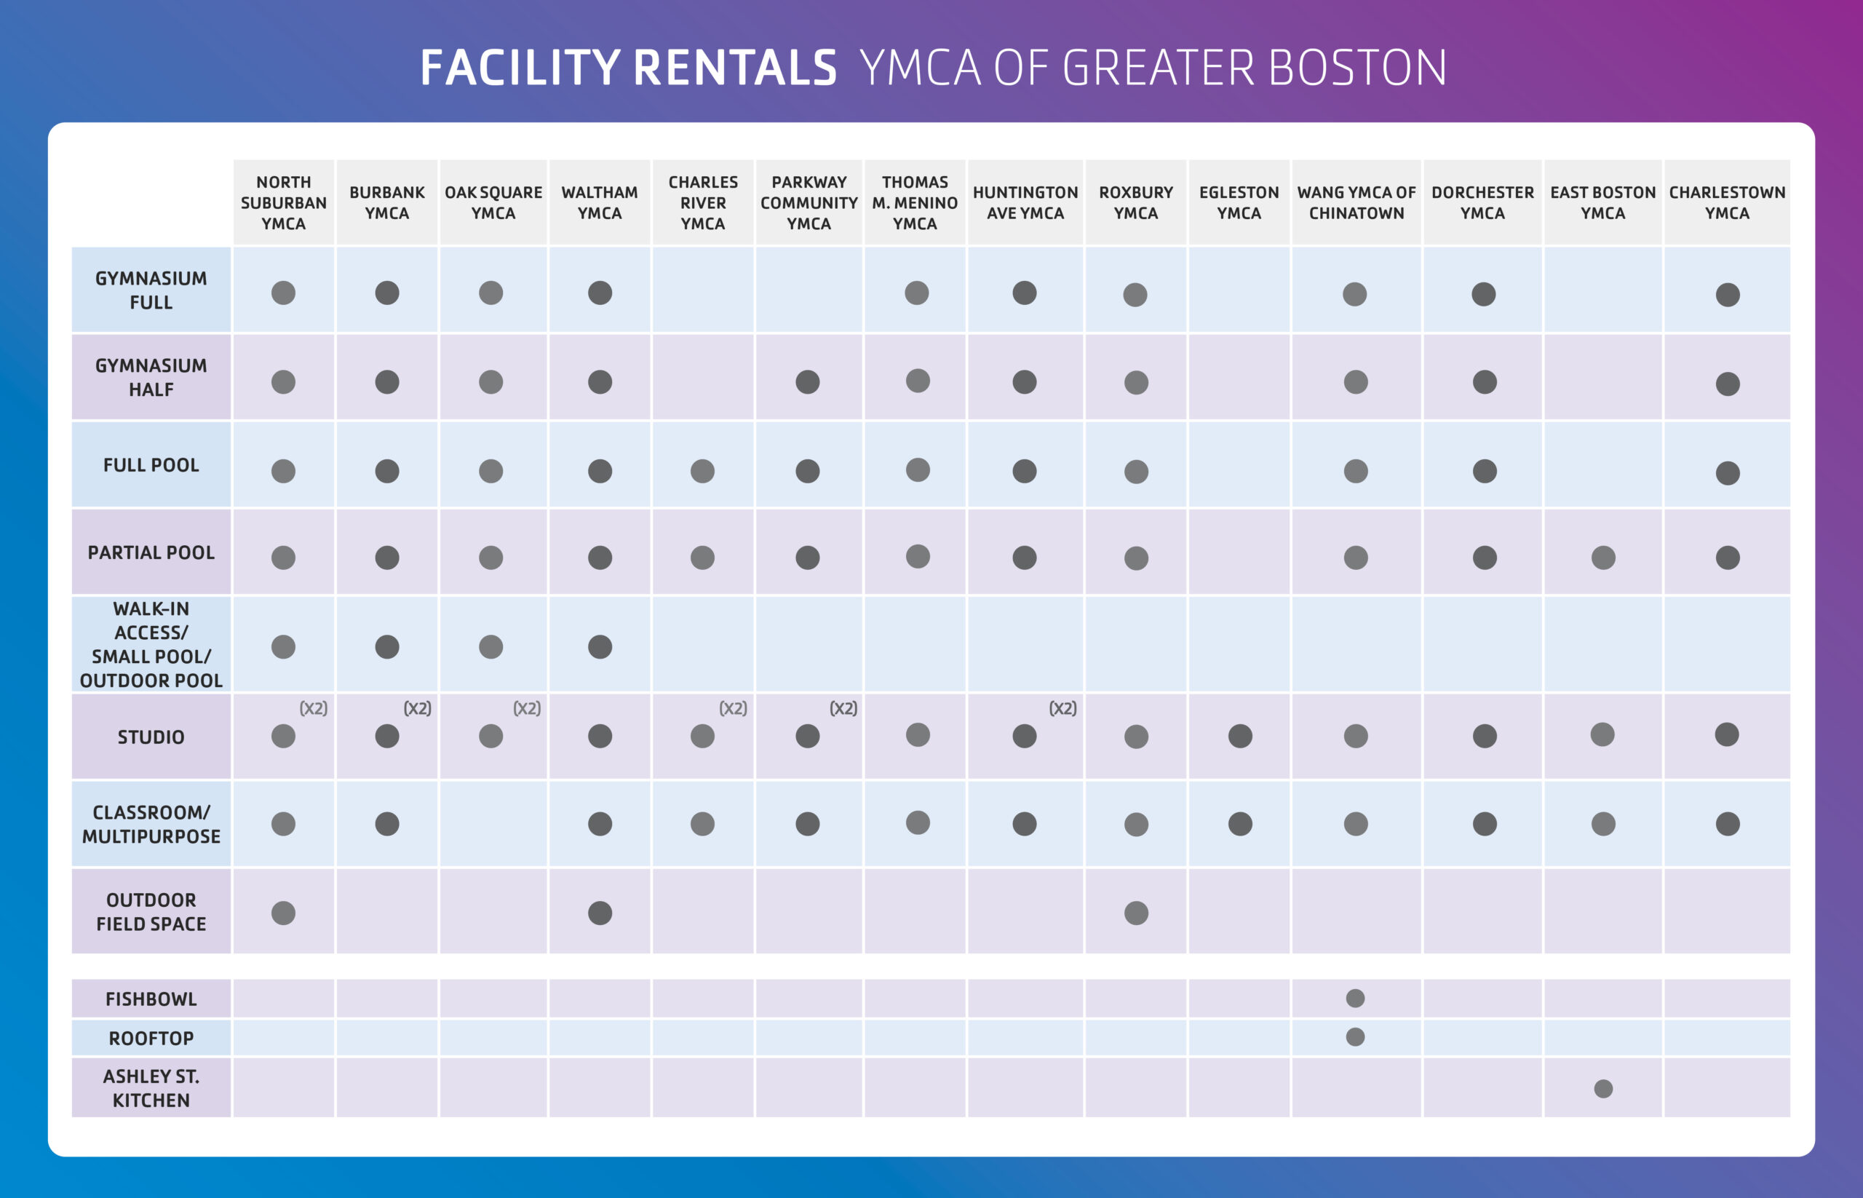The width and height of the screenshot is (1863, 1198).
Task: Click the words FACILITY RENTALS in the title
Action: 628,68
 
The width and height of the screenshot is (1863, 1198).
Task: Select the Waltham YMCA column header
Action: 599,202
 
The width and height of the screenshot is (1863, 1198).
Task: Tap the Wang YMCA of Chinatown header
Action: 1356,202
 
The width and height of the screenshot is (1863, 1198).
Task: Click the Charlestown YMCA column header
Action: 1726,202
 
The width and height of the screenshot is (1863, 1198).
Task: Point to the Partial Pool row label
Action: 151,552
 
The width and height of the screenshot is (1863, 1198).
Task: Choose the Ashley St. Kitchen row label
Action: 151,1087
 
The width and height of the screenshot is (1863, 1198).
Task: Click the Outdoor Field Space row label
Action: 151,911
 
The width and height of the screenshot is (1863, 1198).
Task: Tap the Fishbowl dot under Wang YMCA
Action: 1355,998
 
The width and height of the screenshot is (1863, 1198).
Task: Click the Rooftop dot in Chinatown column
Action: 1355,1036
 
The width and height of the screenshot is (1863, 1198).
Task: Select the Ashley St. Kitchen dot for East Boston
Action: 1602,1088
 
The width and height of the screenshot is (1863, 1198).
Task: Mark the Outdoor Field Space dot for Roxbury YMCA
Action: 1136,913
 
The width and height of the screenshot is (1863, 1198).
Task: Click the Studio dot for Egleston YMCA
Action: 1240,736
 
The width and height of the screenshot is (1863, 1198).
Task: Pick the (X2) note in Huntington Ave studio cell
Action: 1062,708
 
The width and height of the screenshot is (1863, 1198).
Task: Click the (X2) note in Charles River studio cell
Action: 733,708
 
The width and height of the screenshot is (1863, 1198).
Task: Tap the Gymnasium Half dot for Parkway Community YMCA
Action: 808,382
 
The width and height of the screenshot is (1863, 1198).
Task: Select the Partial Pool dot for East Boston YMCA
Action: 1602,557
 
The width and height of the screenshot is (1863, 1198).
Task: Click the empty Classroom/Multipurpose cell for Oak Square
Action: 493,824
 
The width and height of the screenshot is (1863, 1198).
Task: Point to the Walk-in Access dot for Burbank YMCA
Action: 386,646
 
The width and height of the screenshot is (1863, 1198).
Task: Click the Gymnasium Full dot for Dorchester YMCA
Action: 1482,294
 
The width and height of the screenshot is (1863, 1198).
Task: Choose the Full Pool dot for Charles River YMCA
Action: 702,471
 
